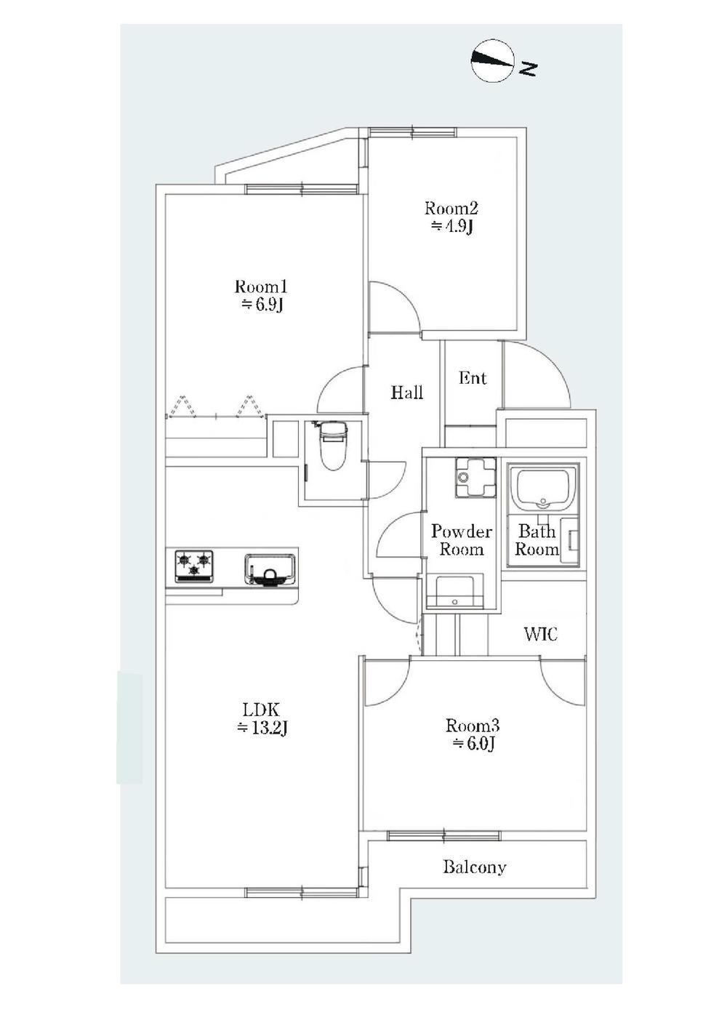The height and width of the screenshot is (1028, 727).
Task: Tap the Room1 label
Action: [261, 287]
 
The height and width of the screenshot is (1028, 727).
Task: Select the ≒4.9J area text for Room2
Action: [451, 227]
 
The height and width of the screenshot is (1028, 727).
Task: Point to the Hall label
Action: [406, 393]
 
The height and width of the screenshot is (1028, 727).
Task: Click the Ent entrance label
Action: [473, 378]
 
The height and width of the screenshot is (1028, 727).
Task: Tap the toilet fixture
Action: [332, 446]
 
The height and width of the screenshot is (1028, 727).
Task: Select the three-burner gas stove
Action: [193, 566]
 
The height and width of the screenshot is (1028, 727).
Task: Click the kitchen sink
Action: [270, 569]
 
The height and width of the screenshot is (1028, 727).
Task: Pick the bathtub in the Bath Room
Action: [543, 489]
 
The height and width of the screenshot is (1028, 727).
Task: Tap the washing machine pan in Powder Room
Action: [475, 477]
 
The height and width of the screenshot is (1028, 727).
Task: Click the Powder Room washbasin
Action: [455, 592]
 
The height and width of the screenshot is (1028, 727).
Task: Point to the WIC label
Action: [541, 634]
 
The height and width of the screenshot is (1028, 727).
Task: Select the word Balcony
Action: [475, 867]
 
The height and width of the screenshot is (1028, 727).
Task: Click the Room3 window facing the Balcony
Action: [443, 835]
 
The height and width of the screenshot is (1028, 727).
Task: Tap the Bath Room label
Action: [537, 540]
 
